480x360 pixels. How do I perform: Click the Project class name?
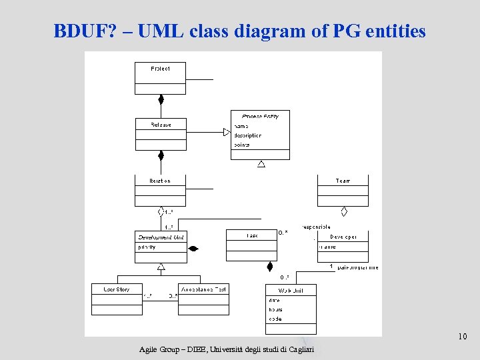pos(160,69)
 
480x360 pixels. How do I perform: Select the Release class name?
pos(161,125)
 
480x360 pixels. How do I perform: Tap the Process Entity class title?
pos(261,116)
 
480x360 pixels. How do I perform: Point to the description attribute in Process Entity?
pos(247,135)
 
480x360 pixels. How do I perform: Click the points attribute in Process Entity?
pos(241,145)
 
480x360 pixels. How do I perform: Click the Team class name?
pos(343,181)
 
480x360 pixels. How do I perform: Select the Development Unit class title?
pos(161,237)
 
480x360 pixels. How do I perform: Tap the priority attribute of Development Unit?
pos(147,247)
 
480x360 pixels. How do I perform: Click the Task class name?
pos(252,235)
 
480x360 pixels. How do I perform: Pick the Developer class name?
pos(343,237)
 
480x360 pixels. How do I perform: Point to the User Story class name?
pos(117,289)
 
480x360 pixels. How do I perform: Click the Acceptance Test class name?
pos(204,289)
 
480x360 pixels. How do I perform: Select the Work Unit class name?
pos(291,290)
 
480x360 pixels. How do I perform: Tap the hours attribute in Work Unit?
pos(275,309)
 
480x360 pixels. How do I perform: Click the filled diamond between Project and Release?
pos(161,100)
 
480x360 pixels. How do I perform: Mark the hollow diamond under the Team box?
pos(344,212)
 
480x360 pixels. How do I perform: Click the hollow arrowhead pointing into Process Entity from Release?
pos(226,132)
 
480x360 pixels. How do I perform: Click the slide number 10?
pos(462,337)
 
